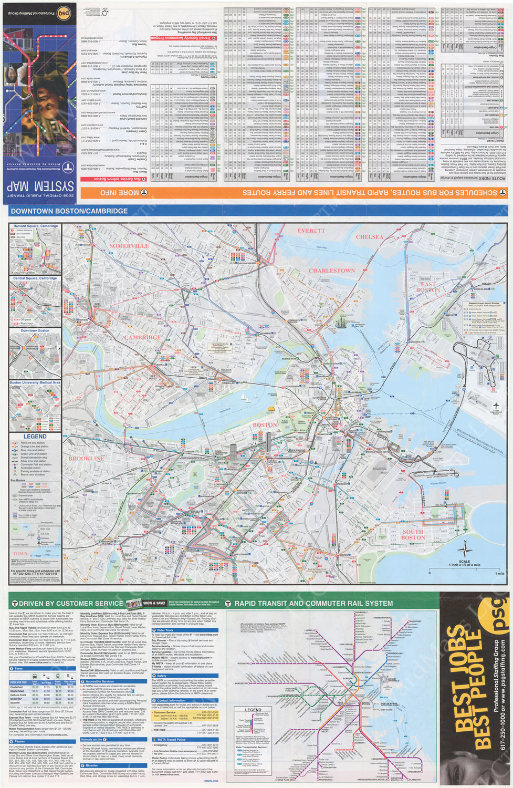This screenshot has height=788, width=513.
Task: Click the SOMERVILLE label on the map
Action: pyautogui.click(x=129, y=246)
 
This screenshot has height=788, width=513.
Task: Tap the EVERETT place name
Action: pyautogui.click(x=311, y=231)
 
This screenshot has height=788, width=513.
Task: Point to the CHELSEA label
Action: pyautogui.click(x=370, y=237)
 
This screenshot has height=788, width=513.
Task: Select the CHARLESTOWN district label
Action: pyautogui.click(x=332, y=271)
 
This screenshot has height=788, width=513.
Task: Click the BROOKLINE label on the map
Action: pyautogui.click(x=86, y=459)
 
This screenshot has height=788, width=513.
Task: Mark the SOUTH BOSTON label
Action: pyautogui.click(x=413, y=535)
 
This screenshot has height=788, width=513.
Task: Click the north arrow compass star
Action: pyautogui.click(x=465, y=551)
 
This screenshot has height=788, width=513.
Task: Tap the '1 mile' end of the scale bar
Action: pyautogui.click(x=499, y=573)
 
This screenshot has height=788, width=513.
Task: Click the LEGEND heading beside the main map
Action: pyautogui.click(x=35, y=437)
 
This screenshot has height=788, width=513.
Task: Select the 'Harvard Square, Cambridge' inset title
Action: pyautogui.click(x=35, y=226)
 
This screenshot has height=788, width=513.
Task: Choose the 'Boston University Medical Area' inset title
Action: pyautogui.click(x=35, y=383)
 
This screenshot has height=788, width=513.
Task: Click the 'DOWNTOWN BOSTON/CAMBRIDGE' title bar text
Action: pyautogui.click(x=69, y=211)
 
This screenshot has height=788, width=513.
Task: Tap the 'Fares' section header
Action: pyautogui.click(x=19, y=669)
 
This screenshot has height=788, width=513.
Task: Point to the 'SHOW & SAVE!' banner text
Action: pyautogui.click(x=154, y=604)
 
